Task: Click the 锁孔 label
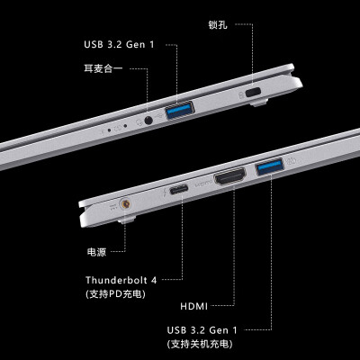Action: pos(218,24)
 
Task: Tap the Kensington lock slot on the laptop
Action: pos(253,92)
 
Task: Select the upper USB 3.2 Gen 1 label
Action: pos(119,45)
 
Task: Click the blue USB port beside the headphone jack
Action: pos(180,110)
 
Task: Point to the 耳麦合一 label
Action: pos(103,68)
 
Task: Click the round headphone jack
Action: pos(148,121)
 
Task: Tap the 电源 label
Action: pos(96,252)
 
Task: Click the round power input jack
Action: pos(126,204)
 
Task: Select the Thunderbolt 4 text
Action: pos(121,280)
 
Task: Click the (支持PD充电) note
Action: pos(115,293)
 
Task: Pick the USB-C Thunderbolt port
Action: pos(179,189)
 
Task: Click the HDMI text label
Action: pos(193,306)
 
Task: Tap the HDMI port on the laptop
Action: pos(229,176)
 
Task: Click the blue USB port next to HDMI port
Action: pos(270,166)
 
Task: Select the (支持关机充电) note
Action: pos(200,344)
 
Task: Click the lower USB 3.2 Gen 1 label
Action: pos(202,330)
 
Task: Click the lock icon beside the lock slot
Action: pos(240,95)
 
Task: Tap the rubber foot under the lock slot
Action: pos(258,102)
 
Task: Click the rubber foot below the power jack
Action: pos(126,220)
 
